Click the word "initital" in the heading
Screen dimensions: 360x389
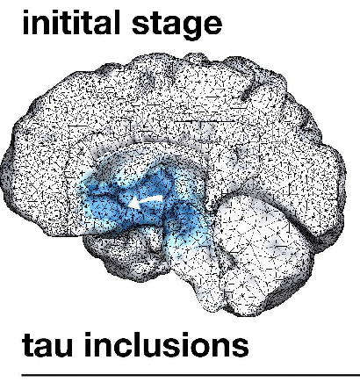71,22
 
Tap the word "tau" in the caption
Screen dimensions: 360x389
47,346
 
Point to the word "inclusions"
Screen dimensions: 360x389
167,344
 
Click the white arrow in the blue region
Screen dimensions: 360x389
146,202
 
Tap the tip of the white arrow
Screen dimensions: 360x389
129,204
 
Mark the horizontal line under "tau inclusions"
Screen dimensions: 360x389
191,374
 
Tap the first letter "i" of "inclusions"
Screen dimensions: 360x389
89,344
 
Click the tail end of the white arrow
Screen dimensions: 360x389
162,198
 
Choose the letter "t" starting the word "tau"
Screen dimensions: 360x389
27,346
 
